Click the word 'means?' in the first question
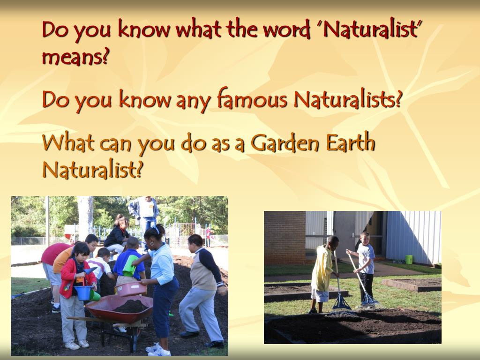coord(75,57)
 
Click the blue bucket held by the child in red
coord(82,292)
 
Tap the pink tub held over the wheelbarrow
coord(129,289)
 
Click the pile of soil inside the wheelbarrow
coord(131,307)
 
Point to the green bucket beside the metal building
coord(409,259)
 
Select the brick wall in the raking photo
coord(284,237)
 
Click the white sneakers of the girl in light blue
coord(153,348)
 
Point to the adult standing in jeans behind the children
coord(146,213)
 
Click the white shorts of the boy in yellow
coord(320,295)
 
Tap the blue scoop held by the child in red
coord(89,270)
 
